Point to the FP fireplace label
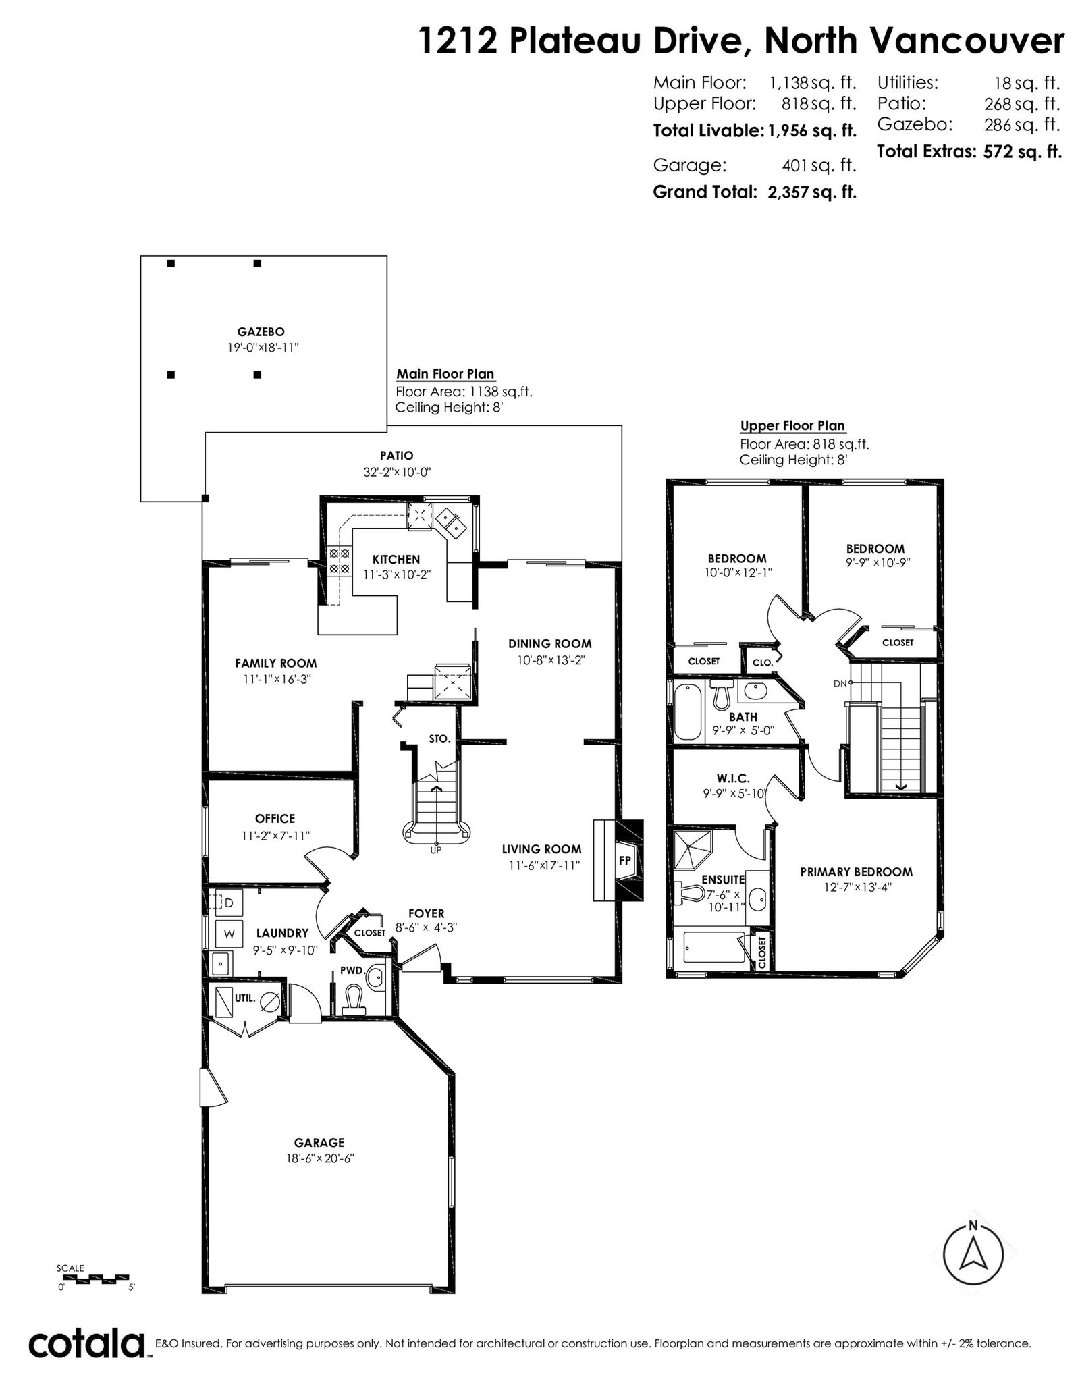coord(624,861)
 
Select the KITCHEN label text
coord(396,559)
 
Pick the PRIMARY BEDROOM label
coord(856,872)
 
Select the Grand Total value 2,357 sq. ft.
coord(812,192)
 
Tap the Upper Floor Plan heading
coord(792,426)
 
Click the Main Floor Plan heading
coord(445,374)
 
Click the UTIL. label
coord(244,998)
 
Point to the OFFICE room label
coord(275,819)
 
